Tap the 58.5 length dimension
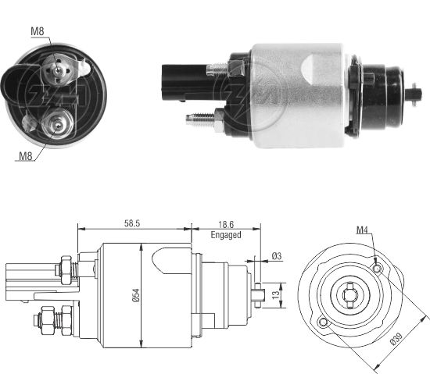click(132, 223)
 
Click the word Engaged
click(226, 234)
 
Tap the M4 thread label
click(363, 230)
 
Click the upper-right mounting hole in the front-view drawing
click(378, 269)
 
